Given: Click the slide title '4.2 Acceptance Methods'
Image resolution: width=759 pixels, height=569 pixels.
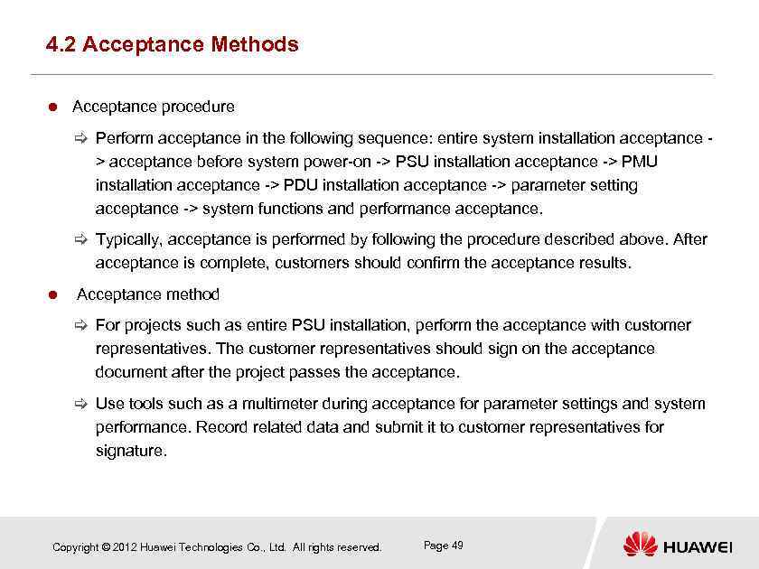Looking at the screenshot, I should tap(172, 44).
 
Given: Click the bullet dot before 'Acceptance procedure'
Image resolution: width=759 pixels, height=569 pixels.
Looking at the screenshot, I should tap(52, 107).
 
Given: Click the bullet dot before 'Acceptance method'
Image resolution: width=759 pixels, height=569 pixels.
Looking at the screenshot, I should tap(52, 295).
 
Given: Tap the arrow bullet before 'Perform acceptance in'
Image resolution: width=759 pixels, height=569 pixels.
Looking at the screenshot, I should tap(80, 138).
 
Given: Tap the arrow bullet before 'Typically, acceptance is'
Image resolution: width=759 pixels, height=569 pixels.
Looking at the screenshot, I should tap(80, 240).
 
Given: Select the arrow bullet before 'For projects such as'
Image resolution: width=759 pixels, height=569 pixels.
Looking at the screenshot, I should tap(80, 325).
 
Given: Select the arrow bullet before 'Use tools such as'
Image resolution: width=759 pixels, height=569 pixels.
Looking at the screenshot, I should tap(80, 404).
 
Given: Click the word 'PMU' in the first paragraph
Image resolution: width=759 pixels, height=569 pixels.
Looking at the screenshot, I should tap(640, 162).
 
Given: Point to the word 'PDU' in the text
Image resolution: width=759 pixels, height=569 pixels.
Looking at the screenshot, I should tap(300, 185).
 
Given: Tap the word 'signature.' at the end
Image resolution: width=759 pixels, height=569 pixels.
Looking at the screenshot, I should tap(131, 451).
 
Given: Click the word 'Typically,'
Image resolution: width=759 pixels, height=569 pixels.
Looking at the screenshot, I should tap(131, 240).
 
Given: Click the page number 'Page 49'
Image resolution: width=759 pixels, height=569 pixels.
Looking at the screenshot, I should tap(443, 546).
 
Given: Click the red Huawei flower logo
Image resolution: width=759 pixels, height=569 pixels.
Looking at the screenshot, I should tap(640, 545).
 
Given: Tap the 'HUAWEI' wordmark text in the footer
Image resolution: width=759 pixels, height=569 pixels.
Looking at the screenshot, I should tap(698, 547).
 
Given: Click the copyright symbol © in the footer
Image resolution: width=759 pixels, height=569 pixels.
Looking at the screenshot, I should tap(106, 547).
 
